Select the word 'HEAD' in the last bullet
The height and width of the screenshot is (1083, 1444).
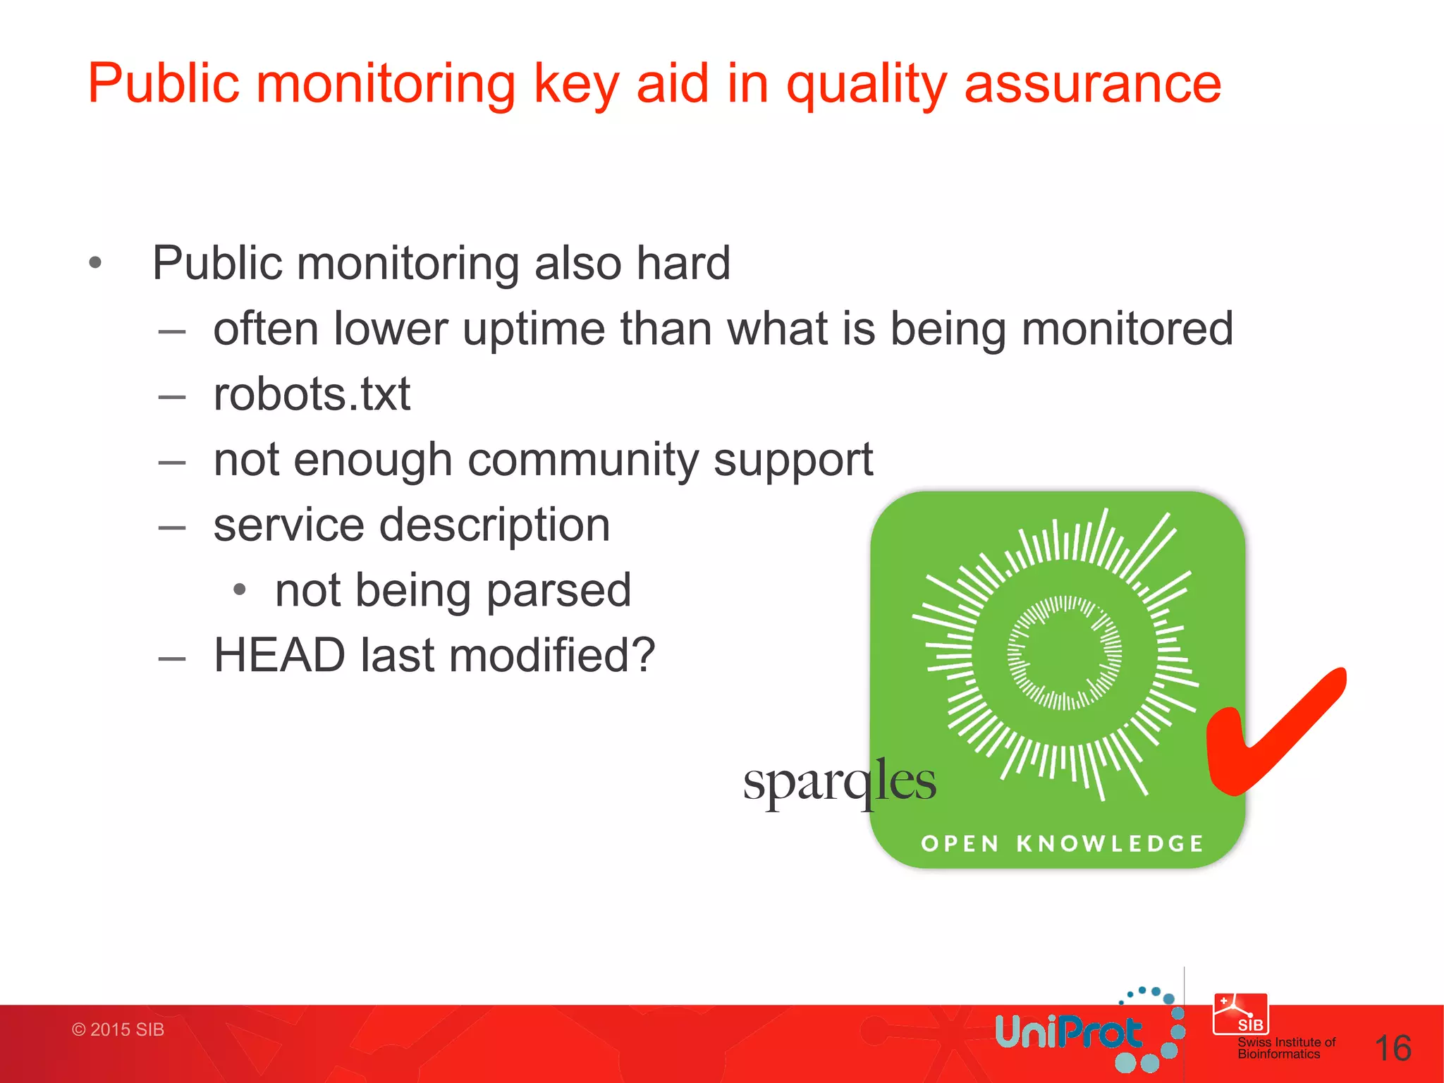(279, 655)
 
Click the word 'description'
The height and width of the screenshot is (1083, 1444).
(494, 525)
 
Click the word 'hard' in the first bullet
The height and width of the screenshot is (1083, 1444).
(683, 263)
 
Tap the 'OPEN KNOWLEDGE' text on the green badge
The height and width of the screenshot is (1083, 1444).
(1062, 843)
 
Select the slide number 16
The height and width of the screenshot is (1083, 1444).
(1393, 1048)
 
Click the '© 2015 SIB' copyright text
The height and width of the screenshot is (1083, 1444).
(118, 1029)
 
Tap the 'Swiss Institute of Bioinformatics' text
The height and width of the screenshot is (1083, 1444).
(1286, 1048)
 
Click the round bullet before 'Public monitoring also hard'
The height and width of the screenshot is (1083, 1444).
(95, 264)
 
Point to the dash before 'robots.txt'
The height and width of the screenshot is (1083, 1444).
(171, 397)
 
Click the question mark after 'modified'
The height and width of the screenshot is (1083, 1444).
(643, 655)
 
